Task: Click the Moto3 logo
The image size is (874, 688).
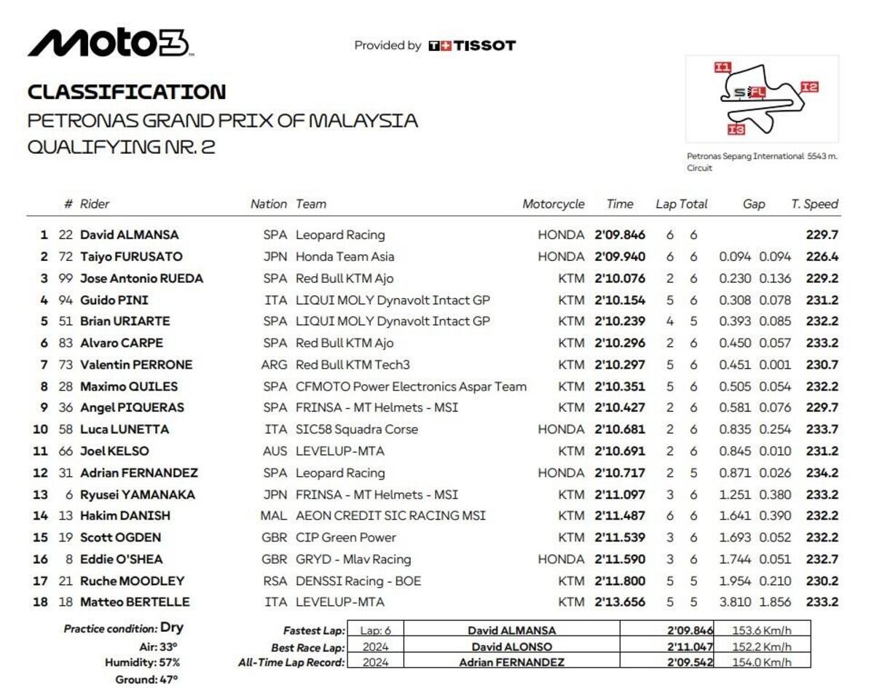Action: tap(109, 44)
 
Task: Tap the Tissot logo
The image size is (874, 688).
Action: tap(472, 45)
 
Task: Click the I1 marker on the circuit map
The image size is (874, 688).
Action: tap(722, 67)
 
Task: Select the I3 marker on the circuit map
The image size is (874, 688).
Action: tap(736, 130)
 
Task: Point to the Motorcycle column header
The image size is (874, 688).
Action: tap(553, 204)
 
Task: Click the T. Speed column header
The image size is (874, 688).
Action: tap(814, 204)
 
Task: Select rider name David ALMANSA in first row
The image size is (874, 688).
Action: tap(129, 235)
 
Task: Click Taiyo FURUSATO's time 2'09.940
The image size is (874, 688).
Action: tap(619, 257)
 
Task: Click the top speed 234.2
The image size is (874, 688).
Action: tap(822, 472)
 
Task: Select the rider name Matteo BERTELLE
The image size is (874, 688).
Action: tap(135, 602)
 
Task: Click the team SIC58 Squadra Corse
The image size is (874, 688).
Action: tap(357, 429)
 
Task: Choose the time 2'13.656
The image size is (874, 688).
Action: tap(619, 602)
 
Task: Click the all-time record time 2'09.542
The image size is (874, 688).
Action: tap(690, 662)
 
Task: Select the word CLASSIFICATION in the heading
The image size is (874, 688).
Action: tap(127, 92)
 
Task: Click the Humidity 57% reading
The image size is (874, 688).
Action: tap(142, 662)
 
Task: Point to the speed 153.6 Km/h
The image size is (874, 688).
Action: tap(763, 631)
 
